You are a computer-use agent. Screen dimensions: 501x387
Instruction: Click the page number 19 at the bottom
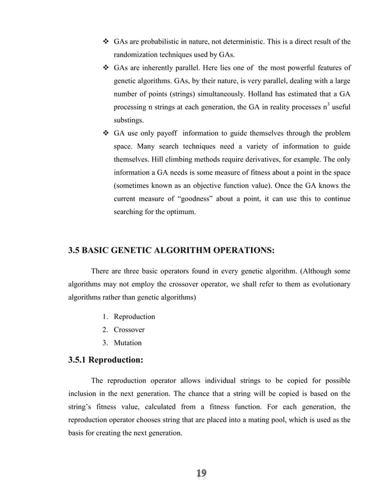pos(201,474)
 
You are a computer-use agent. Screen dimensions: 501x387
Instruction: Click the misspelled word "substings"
pos(131,120)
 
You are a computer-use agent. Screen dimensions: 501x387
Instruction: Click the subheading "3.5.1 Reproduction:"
pos(105,360)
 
